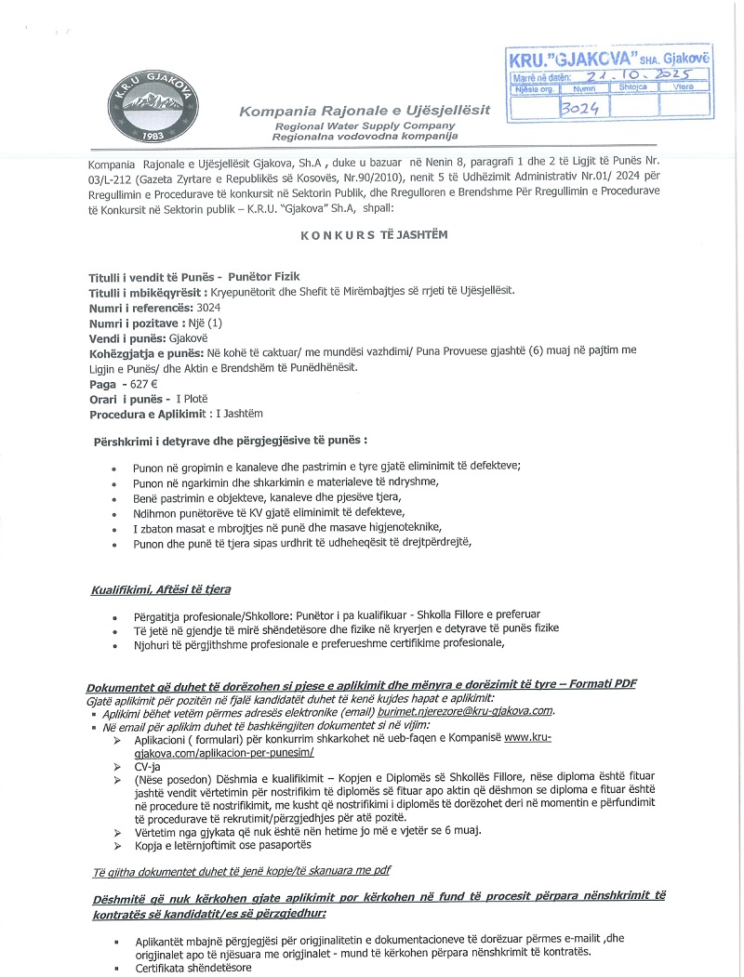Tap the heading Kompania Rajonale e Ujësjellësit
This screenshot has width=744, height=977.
(x=365, y=112)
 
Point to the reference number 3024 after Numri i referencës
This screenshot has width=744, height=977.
(x=207, y=306)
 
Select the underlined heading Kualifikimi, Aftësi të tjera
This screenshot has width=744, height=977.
(x=161, y=590)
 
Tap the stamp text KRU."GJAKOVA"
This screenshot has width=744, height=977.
(x=565, y=59)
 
